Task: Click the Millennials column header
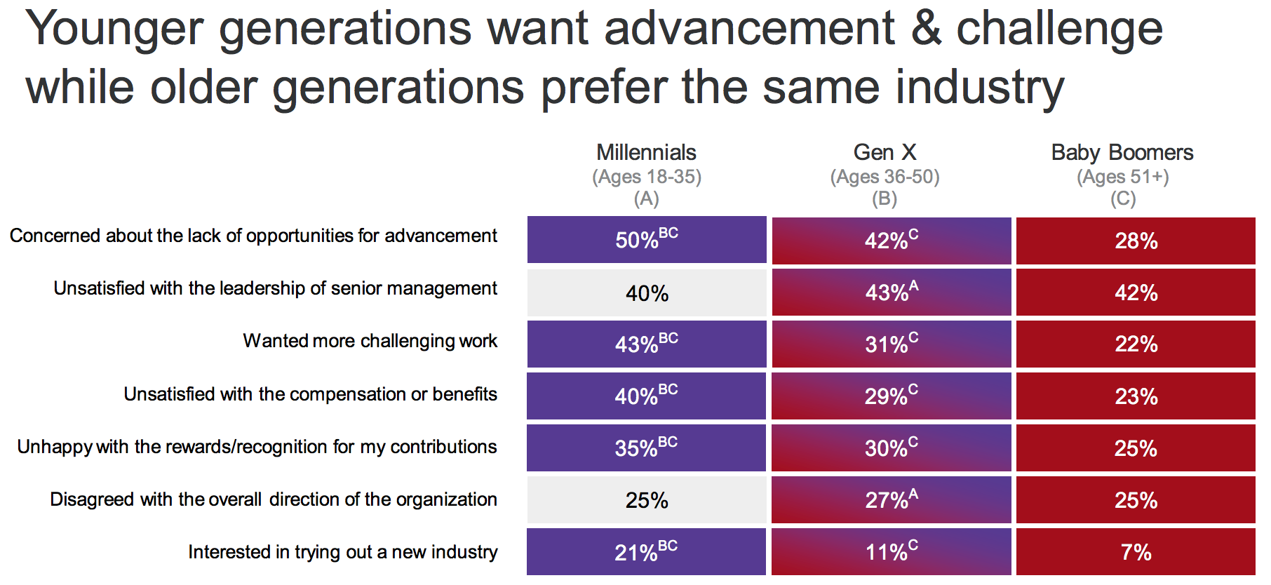[x=646, y=153]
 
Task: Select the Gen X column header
[x=885, y=153]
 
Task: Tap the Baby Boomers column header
[x=1122, y=153]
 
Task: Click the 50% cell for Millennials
[x=646, y=240]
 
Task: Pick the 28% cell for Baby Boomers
[x=1136, y=241]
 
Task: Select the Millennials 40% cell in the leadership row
[x=646, y=292]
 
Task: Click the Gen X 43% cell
[x=891, y=292]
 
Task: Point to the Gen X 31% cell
[x=891, y=344]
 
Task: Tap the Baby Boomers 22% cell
[x=1136, y=344]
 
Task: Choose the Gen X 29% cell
[x=891, y=396]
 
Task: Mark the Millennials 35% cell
[x=646, y=448]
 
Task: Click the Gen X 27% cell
[x=891, y=499]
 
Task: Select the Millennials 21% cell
[x=646, y=552]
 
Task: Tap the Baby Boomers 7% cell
[x=1136, y=552]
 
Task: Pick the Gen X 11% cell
[x=891, y=552]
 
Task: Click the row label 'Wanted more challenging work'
[x=370, y=341]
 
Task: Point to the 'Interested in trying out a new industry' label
[x=342, y=552]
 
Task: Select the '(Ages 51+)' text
[x=1122, y=177]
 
